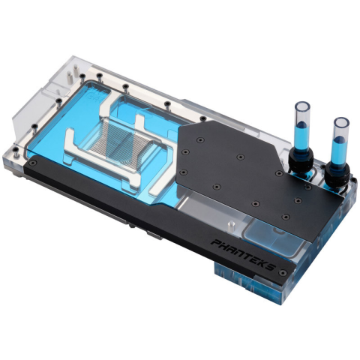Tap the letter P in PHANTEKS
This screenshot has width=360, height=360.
click(x=215, y=242)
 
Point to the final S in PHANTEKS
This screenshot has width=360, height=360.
click(x=270, y=266)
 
